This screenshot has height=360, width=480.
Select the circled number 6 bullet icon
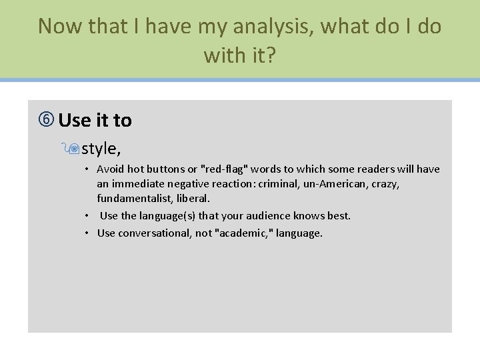click(x=47, y=121)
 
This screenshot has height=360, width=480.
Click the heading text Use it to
click(x=95, y=121)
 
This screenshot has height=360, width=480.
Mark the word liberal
click(x=193, y=199)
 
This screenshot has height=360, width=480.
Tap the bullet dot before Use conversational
click(x=87, y=233)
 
